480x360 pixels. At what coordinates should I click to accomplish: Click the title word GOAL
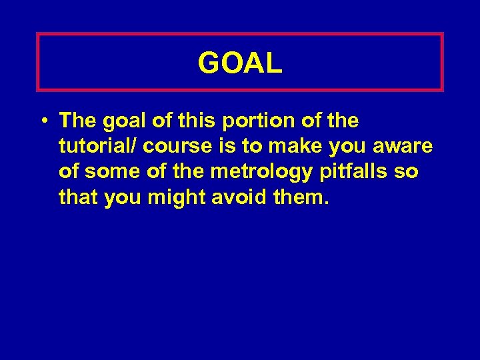pyautogui.click(x=240, y=63)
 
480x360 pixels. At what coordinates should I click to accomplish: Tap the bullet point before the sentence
pyautogui.click(x=43, y=122)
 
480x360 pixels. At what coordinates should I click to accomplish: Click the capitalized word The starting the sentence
pyautogui.click(x=78, y=121)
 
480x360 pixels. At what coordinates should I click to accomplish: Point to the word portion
pyautogui.click(x=251, y=122)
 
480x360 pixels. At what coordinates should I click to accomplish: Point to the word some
pyautogui.click(x=108, y=172)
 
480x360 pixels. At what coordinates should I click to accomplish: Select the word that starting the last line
pyautogui.click(x=79, y=197)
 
